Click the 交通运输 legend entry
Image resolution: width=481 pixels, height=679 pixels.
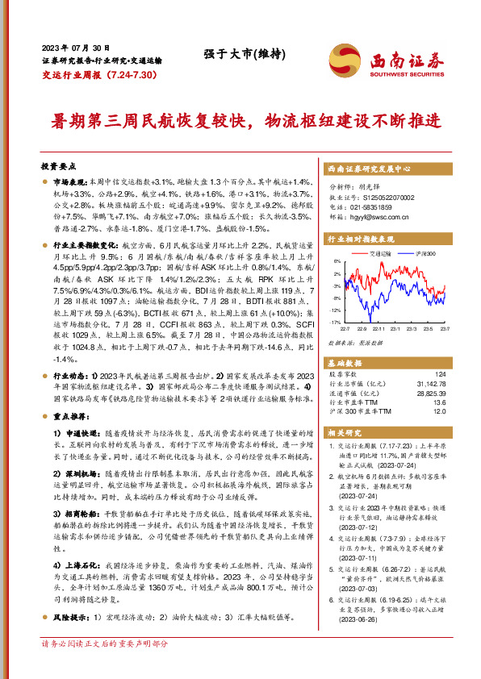[x=383, y=253]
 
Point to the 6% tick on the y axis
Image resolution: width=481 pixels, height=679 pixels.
[x=337, y=262]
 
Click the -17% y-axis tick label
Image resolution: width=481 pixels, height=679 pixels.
[x=334, y=322]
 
